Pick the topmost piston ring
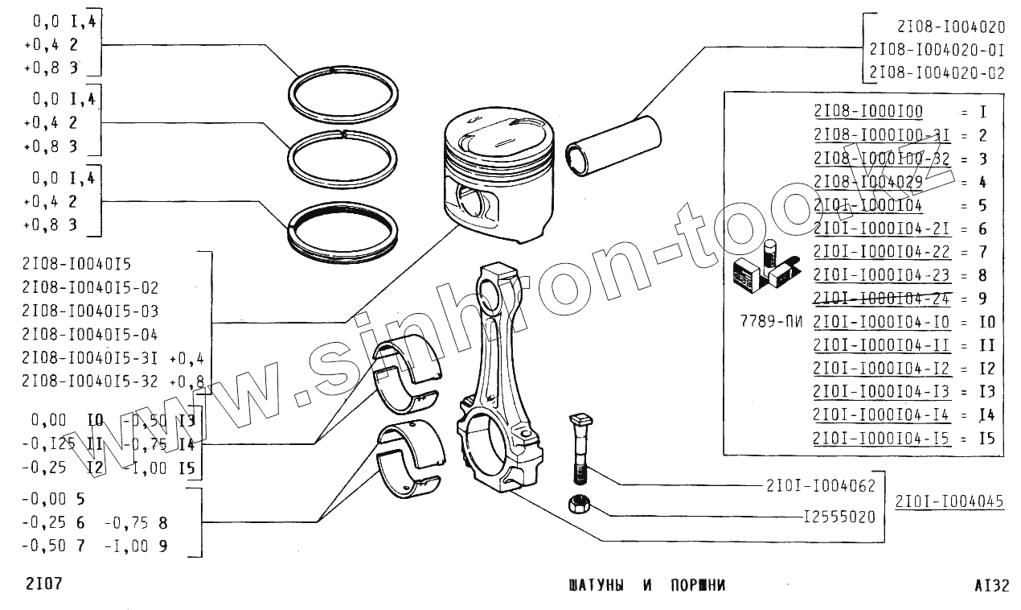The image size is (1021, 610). tap(345, 93)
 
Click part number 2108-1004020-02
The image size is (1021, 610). tap(936, 72)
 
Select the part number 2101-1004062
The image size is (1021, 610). tap(820, 485)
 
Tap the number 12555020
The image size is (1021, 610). tap(839, 517)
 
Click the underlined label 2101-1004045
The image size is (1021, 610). tap(949, 501)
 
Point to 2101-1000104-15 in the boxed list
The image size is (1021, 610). tap(881, 439)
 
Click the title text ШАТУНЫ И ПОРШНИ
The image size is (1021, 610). tap(646, 585)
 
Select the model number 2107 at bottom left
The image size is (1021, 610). tap(43, 583)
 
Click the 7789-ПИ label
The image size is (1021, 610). tap(770, 322)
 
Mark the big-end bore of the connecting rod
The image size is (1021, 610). tap(489, 443)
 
